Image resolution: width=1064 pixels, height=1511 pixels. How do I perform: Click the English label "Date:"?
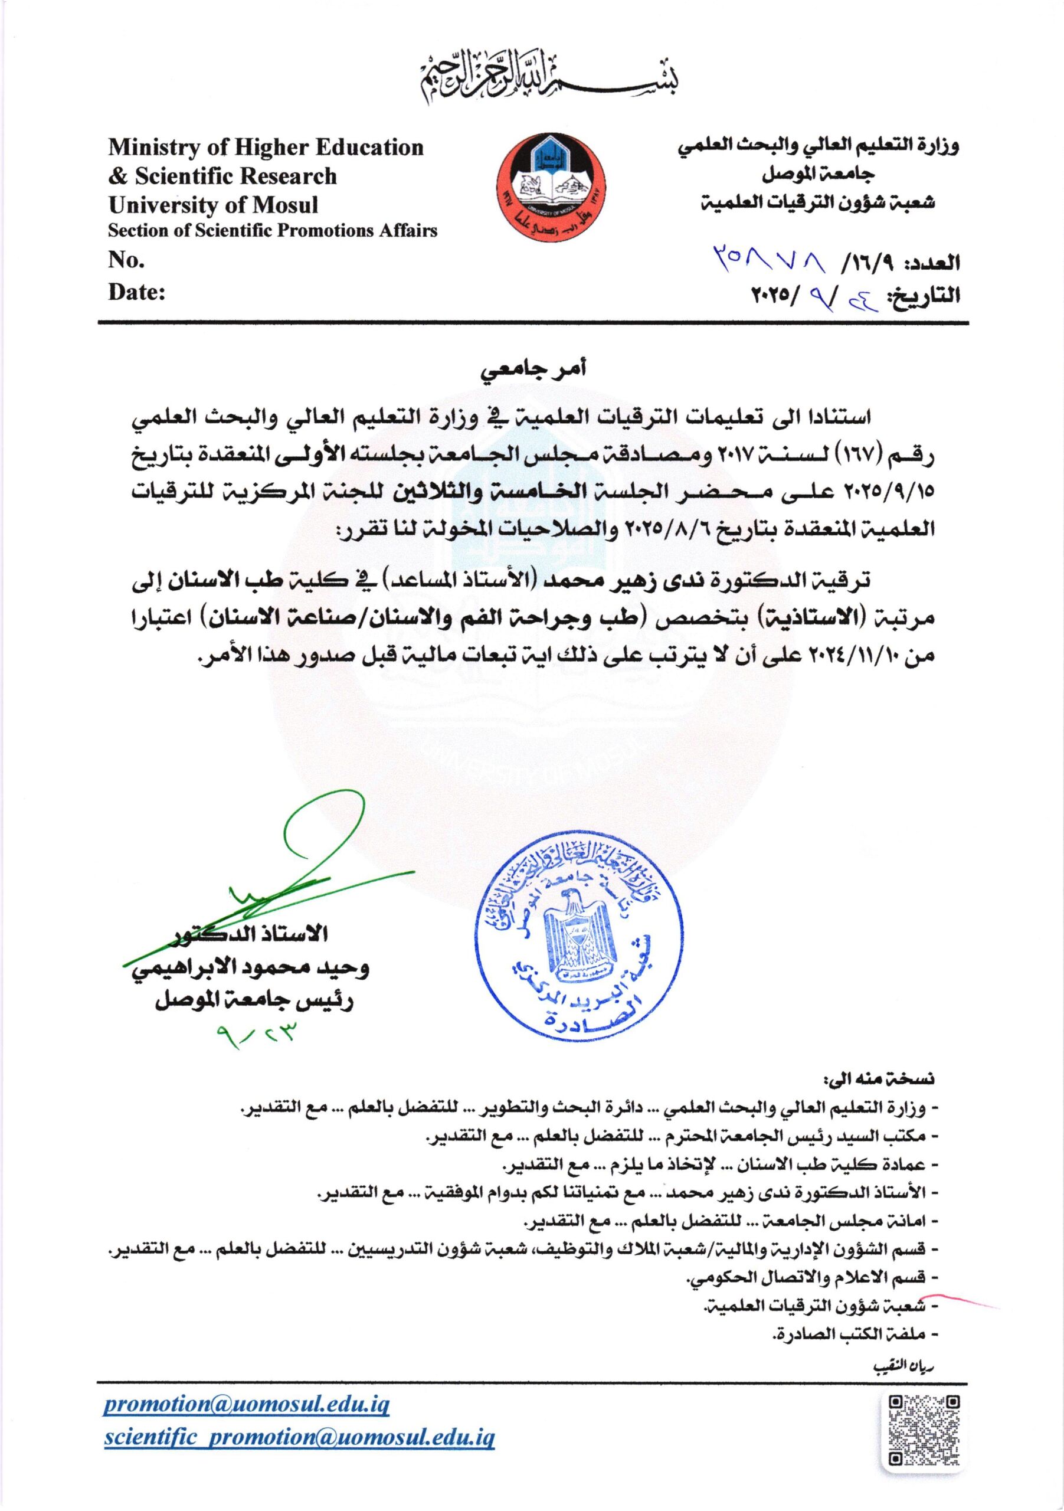pyautogui.click(x=136, y=292)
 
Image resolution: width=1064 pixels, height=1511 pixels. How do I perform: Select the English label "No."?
pyautogui.click(x=126, y=261)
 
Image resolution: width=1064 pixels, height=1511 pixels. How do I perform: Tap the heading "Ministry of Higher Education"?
pyautogui.click(x=266, y=147)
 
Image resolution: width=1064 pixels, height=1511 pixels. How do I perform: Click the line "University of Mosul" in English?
pyautogui.click(x=213, y=205)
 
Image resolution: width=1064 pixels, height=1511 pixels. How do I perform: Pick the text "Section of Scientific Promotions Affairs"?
pyautogui.click(x=273, y=231)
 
